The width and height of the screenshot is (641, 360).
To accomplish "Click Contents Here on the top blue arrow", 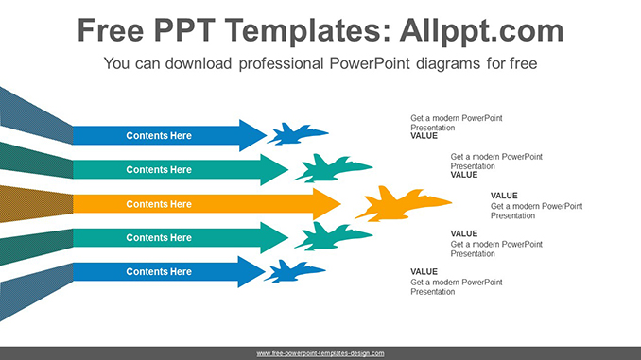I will [159, 136].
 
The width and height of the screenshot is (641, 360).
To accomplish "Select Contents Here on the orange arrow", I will [159, 204].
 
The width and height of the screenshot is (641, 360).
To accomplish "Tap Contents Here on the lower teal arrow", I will [159, 238].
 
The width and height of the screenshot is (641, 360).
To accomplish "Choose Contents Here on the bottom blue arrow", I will [159, 272].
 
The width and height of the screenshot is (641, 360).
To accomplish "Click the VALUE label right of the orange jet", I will [504, 196].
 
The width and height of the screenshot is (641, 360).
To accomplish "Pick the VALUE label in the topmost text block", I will [424, 136].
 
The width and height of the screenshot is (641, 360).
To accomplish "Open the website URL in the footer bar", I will [320, 353].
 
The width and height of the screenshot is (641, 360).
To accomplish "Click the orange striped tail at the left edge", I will [33, 204].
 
